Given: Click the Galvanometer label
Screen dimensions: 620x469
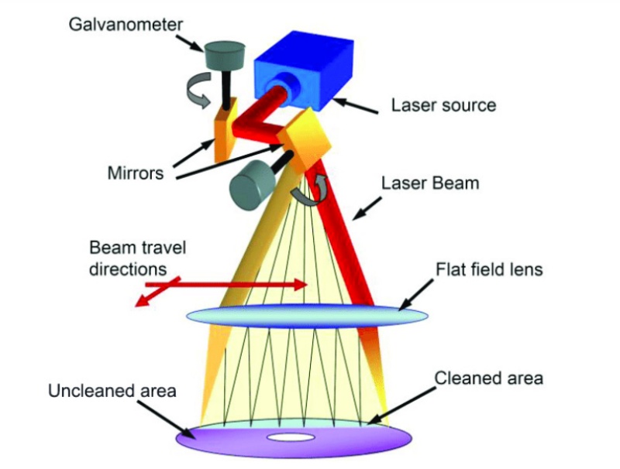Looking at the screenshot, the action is tap(126, 25).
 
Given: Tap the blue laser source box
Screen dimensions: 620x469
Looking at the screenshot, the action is tap(305, 71).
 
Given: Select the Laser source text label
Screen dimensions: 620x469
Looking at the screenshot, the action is tap(443, 105).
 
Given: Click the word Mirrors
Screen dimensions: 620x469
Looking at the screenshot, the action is tap(135, 173).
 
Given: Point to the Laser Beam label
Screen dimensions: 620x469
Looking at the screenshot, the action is tap(430, 183).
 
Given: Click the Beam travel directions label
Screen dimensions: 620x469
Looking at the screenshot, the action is tap(137, 258).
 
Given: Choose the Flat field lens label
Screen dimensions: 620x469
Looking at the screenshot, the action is tap(489, 269).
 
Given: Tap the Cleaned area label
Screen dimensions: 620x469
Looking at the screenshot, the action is tap(489, 378).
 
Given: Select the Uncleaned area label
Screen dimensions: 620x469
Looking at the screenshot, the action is tap(112, 391).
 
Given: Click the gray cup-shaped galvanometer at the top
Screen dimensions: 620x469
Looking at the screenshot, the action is tap(224, 54).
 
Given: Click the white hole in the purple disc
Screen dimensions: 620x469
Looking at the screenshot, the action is tap(291, 437).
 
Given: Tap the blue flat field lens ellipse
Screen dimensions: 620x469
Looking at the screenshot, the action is tap(307, 317).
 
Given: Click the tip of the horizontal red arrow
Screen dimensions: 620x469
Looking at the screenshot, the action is tap(307, 285).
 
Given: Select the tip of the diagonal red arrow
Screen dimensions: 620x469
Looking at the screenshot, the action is tap(135, 306).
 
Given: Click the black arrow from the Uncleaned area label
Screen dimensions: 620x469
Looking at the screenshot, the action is tap(165, 420).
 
